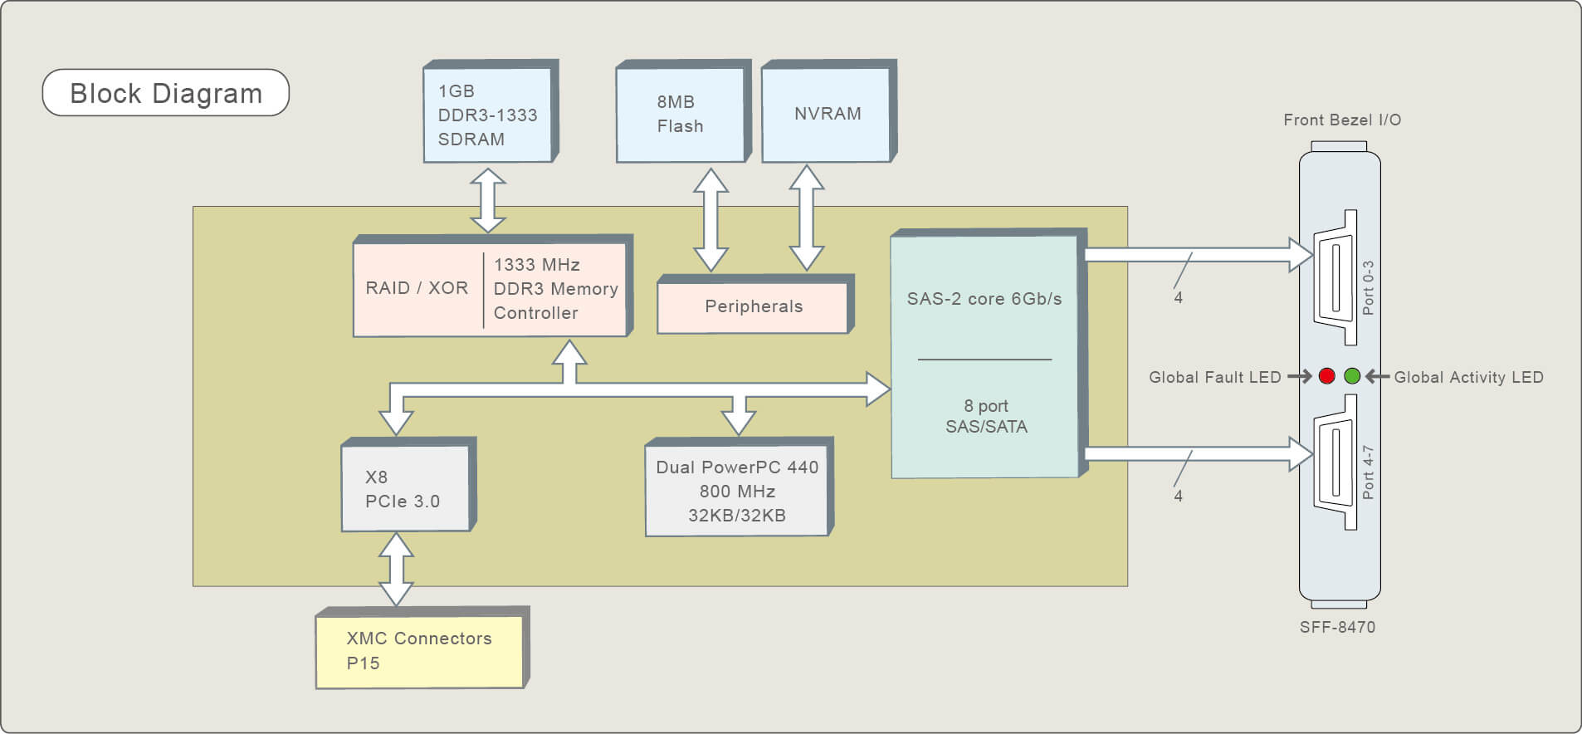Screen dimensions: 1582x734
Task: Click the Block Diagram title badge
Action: pos(166,92)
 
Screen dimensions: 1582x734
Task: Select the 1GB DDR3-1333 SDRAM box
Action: pos(491,111)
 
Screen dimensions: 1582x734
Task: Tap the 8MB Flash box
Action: pos(683,111)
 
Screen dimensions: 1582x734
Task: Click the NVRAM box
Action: pos(829,111)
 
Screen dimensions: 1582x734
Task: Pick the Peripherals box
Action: pos(755,305)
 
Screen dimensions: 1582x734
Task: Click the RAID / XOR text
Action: pos(417,288)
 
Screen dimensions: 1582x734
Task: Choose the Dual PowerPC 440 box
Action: pos(739,487)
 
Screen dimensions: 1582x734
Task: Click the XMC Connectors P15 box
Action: pos(422,648)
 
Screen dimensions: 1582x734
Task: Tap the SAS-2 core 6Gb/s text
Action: pos(984,299)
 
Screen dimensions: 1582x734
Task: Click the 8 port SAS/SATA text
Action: pos(986,416)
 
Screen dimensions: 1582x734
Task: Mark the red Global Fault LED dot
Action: pos(1326,376)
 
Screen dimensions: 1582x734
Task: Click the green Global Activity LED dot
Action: pos(1352,376)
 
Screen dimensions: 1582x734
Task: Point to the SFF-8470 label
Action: pos(1337,628)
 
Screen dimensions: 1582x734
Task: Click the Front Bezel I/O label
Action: pos(1342,120)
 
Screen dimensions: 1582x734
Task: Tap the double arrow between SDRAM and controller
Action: pos(488,200)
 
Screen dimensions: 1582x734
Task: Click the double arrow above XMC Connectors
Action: pos(396,570)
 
